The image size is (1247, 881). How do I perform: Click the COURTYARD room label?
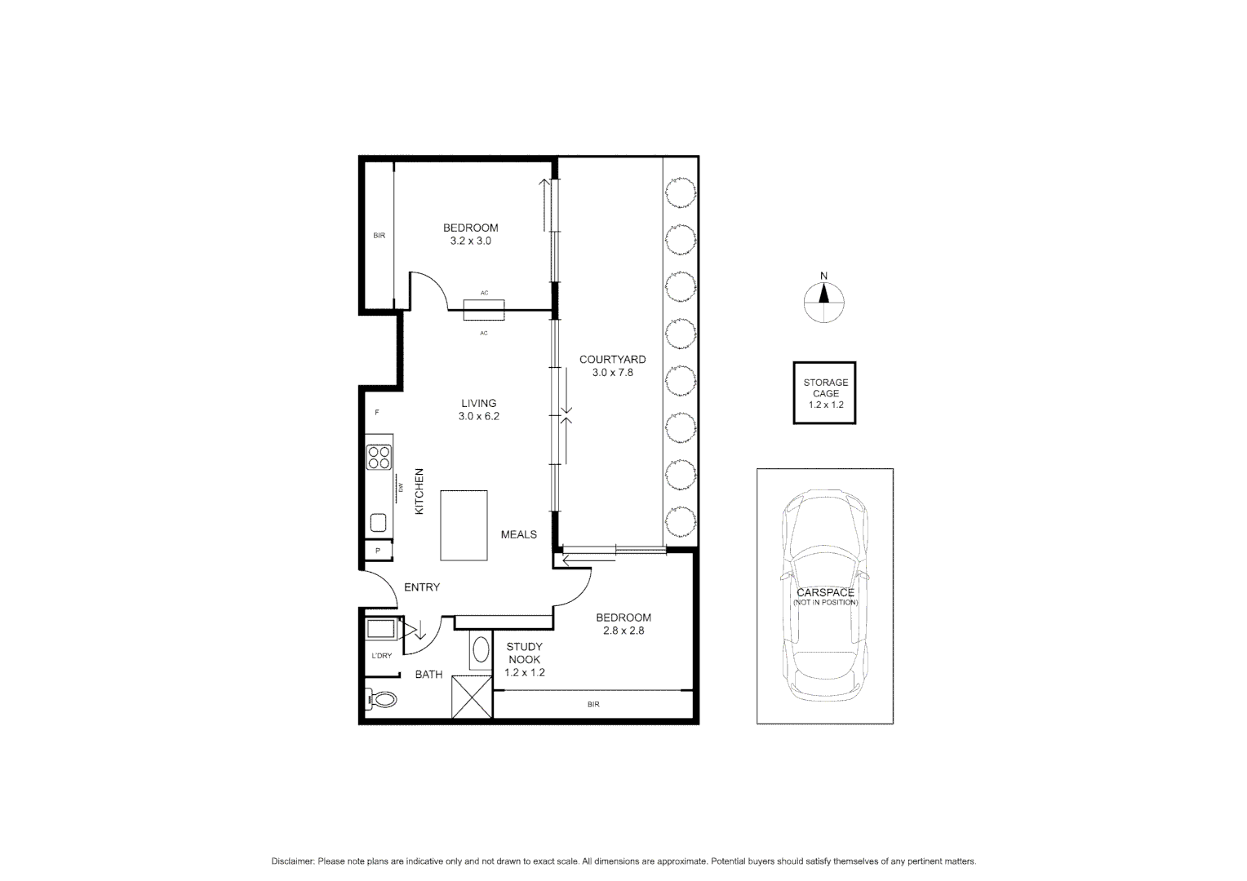click(x=612, y=359)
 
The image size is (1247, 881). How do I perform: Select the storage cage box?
click(x=824, y=393)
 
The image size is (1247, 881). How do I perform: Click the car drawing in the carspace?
click(x=825, y=595)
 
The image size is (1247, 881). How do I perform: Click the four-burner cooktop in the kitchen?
click(x=379, y=456)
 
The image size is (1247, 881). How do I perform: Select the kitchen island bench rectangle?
click(x=464, y=525)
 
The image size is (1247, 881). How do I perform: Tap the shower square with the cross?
click(x=473, y=697)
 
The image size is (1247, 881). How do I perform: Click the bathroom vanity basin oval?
click(x=481, y=650)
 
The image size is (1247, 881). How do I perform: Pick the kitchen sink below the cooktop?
click(x=379, y=522)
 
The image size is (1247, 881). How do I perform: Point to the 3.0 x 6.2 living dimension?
click(x=478, y=416)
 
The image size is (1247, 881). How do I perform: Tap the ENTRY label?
click(x=422, y=587)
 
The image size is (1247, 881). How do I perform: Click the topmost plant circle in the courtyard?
click(x=680, y=194)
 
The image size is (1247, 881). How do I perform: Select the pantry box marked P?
click(x=378, y=551)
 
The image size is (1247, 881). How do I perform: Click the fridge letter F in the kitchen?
click(x=377, y=413)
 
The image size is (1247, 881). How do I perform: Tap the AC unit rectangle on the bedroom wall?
click(x=484, y=310)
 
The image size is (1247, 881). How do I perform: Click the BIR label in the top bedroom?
click(x=379, y=236)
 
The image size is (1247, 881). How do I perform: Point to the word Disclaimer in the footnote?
click(x=293, y=861)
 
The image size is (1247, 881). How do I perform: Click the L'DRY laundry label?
click(x=381, y=656)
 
